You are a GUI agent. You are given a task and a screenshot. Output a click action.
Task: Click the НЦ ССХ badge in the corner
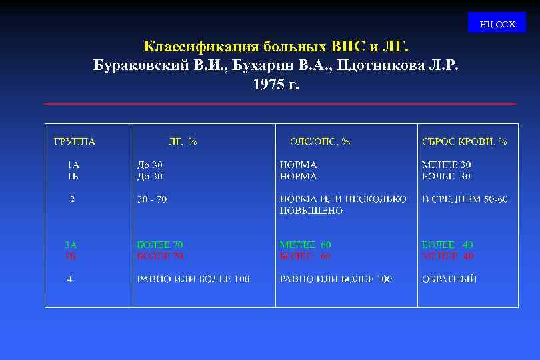[x=497, y=24]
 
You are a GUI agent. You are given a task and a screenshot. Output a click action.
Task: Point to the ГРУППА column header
[x=75, y=141]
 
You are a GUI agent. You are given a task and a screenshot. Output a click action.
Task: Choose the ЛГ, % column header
[x=182, y=141]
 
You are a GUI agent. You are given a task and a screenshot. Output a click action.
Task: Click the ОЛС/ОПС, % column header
[x=320, y=141]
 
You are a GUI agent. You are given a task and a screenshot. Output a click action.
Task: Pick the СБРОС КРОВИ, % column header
[x=465, y=141]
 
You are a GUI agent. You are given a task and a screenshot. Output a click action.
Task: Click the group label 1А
[x=73, y=164]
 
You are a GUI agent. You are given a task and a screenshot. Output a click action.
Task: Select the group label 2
[x=73, y=199]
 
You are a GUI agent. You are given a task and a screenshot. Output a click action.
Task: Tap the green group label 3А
[x=71, y=245]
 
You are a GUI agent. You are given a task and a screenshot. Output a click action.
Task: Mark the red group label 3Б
[x=71, y=256]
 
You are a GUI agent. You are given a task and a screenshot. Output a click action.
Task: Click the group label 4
[x=69, y=279]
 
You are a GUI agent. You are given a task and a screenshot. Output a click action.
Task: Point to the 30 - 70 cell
[x=152, y=199]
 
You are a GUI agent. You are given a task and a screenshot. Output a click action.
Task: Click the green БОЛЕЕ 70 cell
[x=160, y=245]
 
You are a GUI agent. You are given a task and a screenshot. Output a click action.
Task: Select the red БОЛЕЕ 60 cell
[x=305, y=256]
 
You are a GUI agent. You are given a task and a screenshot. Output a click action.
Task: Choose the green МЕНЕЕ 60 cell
[x=305, y=245]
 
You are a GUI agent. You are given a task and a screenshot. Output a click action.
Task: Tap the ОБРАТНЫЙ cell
[x=449, y=279]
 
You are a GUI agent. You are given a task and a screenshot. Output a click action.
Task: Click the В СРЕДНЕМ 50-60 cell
[x=465, y=199]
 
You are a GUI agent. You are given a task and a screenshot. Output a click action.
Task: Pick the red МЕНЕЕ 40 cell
[x=448, y=256]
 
